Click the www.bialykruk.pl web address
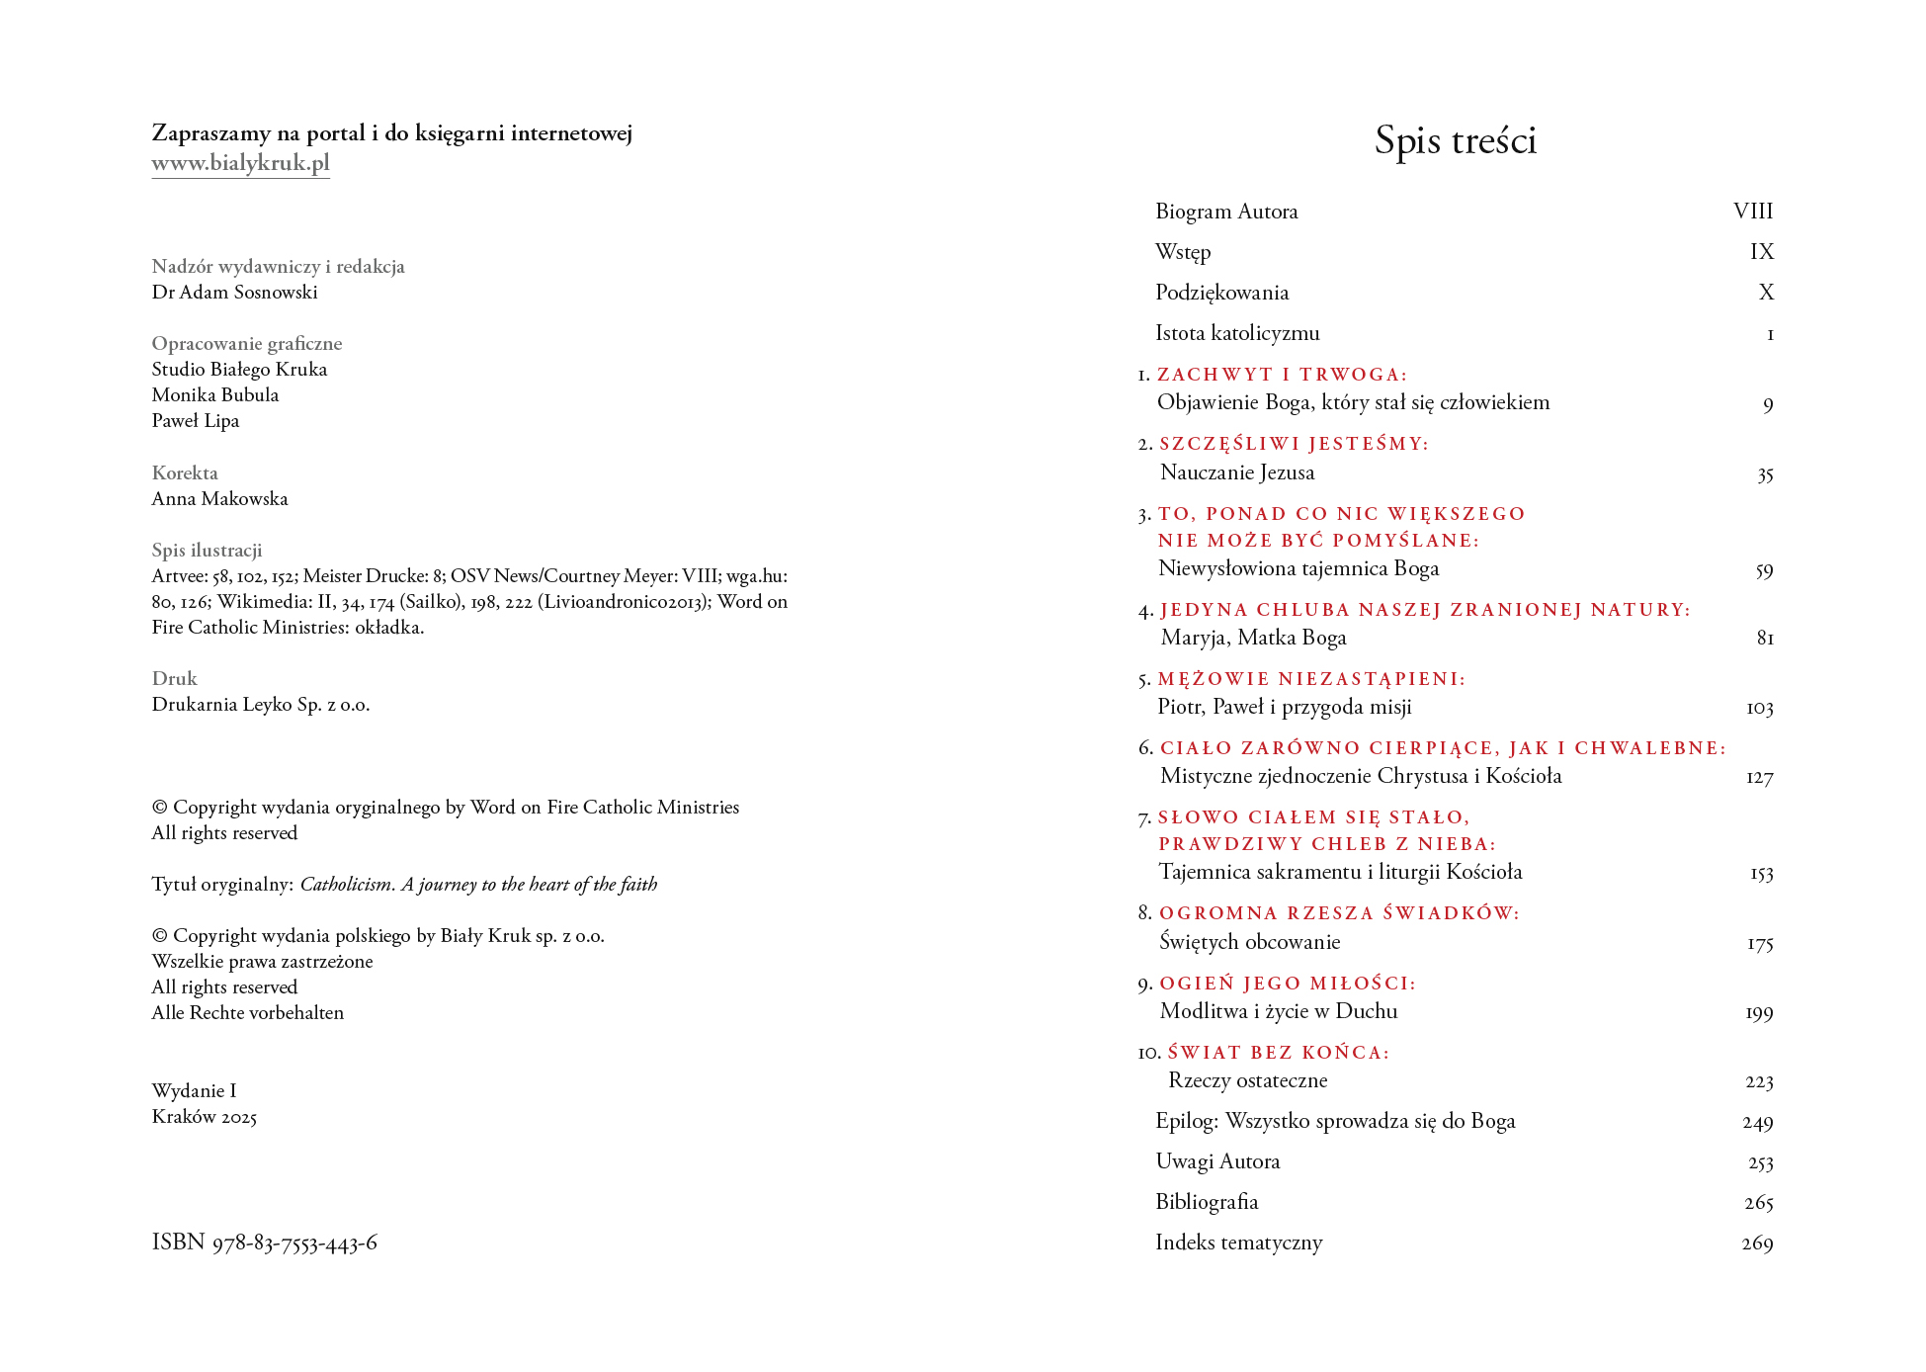coord(240,163)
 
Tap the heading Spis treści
coord(1455,140)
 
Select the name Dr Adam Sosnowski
coord(234,293)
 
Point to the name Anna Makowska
coord(219,499)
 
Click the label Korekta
coord(185,473)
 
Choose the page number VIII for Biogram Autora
coord(1752,212)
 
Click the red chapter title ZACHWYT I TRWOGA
coord(1282,375)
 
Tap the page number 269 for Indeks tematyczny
coord(1756,1243)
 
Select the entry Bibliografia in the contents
coord(1207,1202)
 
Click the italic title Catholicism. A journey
coord(478,885)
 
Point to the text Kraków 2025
coord(204,1117)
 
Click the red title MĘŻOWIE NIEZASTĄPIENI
coord(1311,679)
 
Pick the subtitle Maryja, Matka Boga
coord(1253,638)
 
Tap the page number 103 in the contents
coord(1759,708)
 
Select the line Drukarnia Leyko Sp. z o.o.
coord(261,705)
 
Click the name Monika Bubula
coord(215,395)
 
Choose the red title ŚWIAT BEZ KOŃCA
coord(1278,1053)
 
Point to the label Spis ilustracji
coord(207,551)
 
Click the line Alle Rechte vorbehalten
coord(247,1013)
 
